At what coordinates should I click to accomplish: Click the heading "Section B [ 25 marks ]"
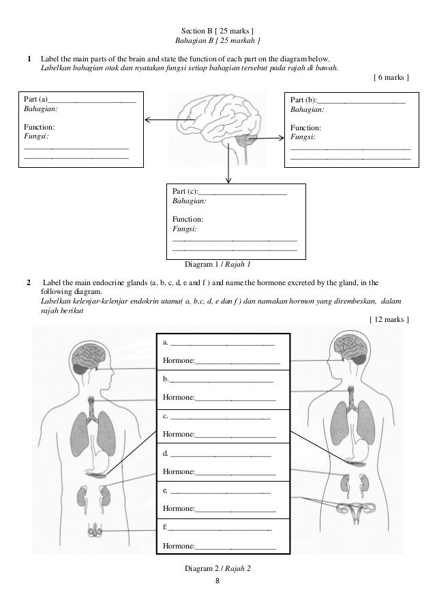tap(218, 31)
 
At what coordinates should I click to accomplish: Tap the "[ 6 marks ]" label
tap(392, 78)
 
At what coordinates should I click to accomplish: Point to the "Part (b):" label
tap(304, 99)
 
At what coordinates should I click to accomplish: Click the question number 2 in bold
tap(28, 281)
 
